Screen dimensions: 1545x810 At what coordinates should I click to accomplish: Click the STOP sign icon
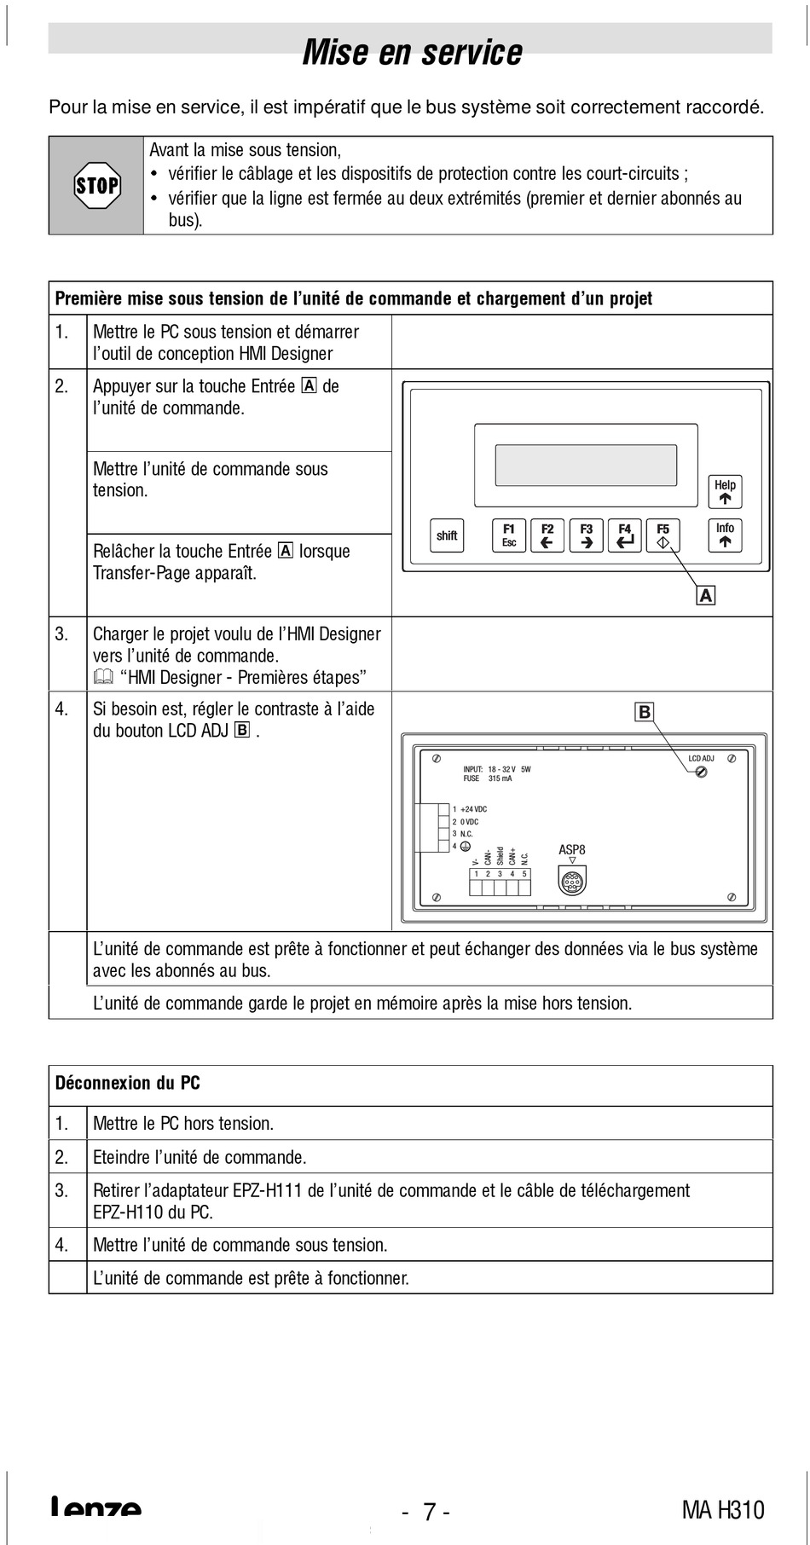(x=96, y=185)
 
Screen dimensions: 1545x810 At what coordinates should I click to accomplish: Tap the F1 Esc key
(x=509, y=535)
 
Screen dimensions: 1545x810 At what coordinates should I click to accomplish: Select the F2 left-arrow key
(x=547, y=535)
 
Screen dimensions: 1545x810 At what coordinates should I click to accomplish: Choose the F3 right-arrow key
(x=587, y=535)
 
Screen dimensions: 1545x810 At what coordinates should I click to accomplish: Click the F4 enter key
(x=625, y=535)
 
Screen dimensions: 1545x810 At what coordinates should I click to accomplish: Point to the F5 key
(x=663, y=535)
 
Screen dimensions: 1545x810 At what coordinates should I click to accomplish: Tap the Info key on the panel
(x=725, y=535)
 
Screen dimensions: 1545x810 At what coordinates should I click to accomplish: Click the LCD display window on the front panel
(x=586, y=466)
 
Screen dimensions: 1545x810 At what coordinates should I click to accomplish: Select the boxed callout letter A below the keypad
(x=706, y=595)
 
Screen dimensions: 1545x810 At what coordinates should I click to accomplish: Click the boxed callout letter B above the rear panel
(x=645, y=712)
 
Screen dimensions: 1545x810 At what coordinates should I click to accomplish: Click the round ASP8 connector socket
(x=572, y=879)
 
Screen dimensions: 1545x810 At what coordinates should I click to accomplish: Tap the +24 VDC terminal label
(x=473, y=809)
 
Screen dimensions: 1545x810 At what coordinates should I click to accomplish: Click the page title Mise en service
(x=412, y=52)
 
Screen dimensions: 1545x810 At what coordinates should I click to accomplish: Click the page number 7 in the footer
(x=430, y=1512)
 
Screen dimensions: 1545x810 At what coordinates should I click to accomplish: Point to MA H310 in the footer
(x=723, y=1510)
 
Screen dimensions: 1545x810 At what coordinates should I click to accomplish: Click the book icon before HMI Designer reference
(x=103, y=678)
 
